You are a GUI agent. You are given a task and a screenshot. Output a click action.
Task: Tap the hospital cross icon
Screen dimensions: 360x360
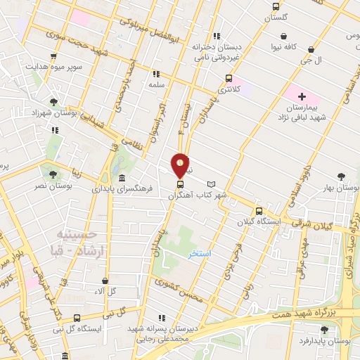pyautogui.click(x=302, y=96)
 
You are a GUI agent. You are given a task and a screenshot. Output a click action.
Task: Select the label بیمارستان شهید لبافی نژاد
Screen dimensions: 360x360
pyautogui.click(x=302, y=112)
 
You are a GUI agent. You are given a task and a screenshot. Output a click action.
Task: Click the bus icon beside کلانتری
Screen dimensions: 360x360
pyautogui.click(x=229, y=78)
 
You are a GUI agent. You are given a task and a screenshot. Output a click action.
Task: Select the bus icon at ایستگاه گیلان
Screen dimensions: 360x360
pyautogui.click(x=259, y=210)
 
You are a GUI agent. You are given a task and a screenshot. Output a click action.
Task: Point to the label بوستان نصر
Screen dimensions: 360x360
pyautogui.click(x=52, y=186)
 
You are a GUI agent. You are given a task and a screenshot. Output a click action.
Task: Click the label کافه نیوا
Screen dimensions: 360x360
pyautogui.click(x=283, y=47)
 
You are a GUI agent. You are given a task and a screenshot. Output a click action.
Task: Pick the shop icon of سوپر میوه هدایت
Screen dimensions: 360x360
pyautogui.click(x=53, y=56)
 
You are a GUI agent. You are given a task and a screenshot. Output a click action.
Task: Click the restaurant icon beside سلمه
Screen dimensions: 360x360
pyautogui.click(x=155, y=73)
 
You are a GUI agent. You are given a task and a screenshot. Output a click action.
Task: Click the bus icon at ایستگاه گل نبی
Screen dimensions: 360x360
pyautogui.click(x=76, y=317)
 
